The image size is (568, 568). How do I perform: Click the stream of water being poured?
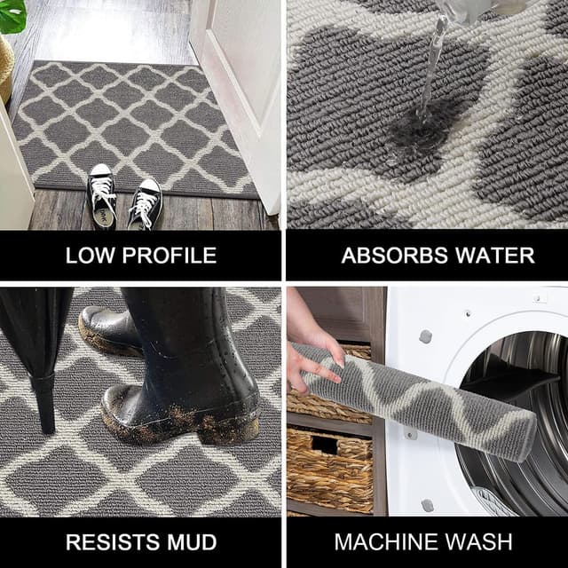pos(433,62)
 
